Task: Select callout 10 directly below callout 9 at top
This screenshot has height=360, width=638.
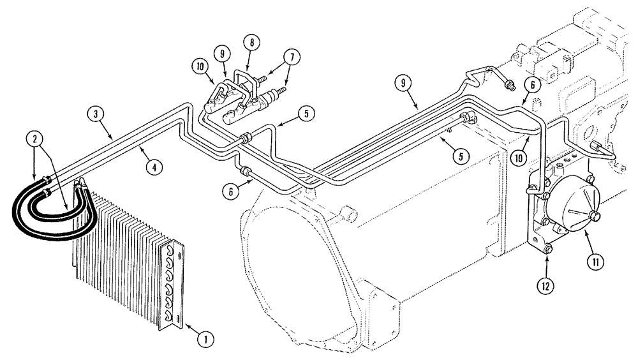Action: [x=199, y=67]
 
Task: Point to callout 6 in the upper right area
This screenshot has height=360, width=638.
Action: [x=533, y=84]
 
